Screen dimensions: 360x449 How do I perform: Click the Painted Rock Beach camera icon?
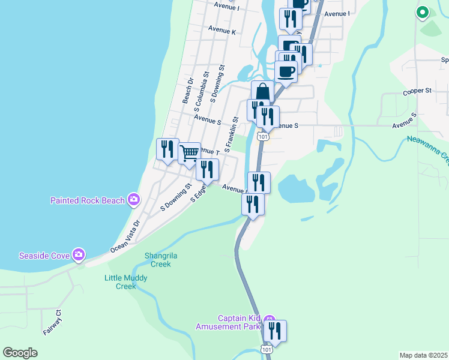(133, 200)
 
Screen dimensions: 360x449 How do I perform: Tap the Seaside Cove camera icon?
(79, 256)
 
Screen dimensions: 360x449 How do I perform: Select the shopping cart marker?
(189, 153)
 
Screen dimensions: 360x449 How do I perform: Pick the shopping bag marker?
(262, 92)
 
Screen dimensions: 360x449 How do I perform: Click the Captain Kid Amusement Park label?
(229, 322)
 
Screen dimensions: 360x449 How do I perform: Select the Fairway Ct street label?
(52, 322)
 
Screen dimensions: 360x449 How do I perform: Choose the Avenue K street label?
(221, 29)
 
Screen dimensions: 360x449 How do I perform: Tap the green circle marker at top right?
(423, 11)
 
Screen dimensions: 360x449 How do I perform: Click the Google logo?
(20, 353)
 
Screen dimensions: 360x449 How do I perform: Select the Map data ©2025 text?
(424, 355)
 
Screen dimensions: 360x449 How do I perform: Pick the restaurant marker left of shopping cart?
(167, 149)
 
